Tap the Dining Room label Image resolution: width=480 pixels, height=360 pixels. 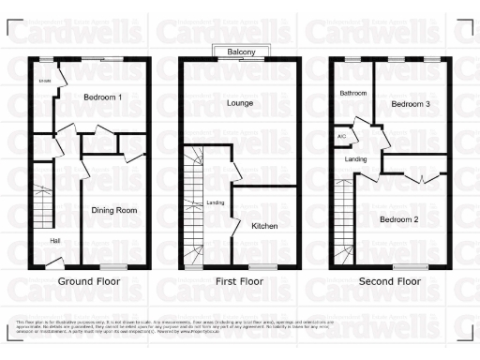point(114,211)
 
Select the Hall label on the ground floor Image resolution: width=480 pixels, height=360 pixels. point(55,241)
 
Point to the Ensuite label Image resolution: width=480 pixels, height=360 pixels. point(44,82)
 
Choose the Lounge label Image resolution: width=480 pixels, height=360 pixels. point(239,103)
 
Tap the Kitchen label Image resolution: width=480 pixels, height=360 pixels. point(263,226)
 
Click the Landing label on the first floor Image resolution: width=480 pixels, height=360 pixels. point(215,202)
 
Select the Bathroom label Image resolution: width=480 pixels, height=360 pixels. point(352,94)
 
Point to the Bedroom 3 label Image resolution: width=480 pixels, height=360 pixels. point(411,104)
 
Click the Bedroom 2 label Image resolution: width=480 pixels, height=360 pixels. point(398,219)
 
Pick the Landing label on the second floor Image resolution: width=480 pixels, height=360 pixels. point(356,160)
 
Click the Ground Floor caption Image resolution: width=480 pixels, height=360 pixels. point(88,281)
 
